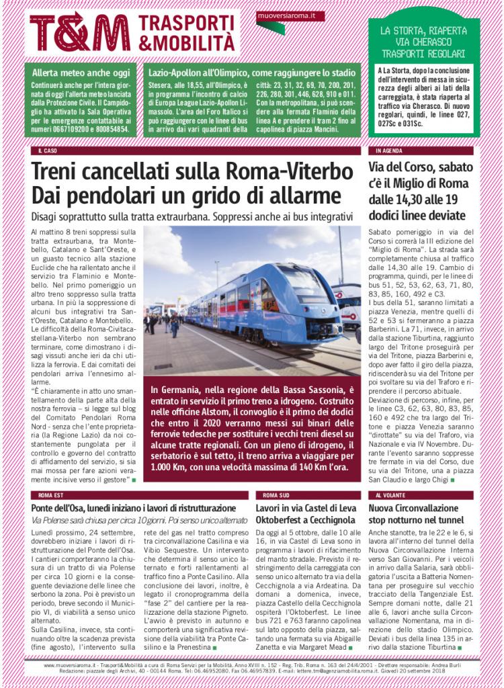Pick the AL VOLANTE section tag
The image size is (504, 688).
pos(391,494)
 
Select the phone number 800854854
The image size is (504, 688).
pos(108,127)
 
